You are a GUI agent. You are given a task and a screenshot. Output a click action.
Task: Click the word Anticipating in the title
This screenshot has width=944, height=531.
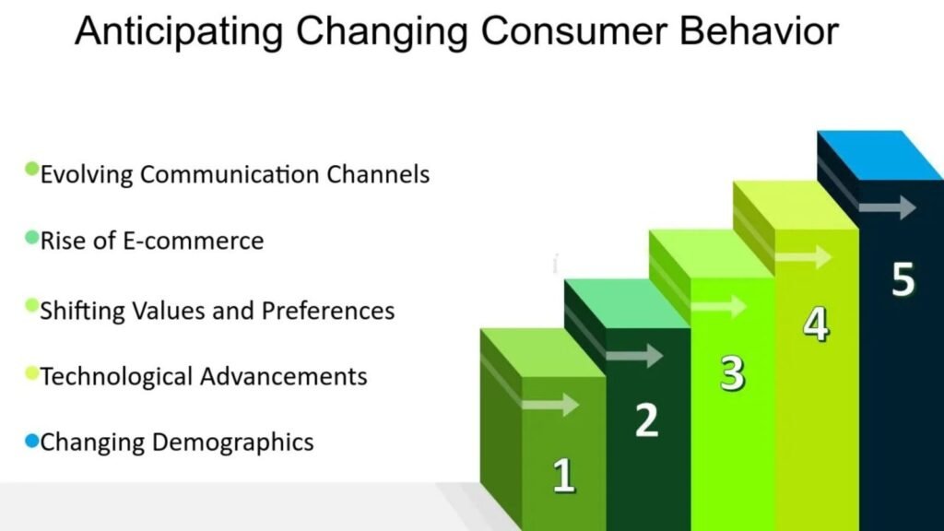click(179, 31)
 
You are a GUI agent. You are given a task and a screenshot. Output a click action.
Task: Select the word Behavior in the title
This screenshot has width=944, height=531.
click(760, 30)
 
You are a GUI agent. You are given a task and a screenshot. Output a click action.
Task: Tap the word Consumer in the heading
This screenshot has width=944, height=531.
click(573, 30)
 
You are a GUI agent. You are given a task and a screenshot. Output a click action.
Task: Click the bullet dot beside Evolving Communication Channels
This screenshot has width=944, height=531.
click(32, 169)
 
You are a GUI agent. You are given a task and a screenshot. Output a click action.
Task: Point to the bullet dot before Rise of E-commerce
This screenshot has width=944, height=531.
click(32, 237)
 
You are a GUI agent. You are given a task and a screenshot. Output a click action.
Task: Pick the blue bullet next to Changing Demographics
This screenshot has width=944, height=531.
click(32, 442)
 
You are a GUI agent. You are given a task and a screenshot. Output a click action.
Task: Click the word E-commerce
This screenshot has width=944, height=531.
click(194, 241)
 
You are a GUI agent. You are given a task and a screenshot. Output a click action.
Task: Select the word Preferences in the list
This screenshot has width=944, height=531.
click(328, 311)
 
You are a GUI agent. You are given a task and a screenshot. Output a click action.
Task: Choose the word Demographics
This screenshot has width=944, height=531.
click(233, 442)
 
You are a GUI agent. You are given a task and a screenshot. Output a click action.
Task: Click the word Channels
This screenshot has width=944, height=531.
click(378, 174)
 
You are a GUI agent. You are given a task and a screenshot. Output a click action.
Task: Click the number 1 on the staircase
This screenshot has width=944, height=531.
click(563, 476)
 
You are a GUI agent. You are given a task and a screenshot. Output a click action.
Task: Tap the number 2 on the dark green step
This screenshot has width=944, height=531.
click(647, 419)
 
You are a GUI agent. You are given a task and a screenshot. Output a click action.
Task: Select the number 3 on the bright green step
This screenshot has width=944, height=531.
click(732, 373)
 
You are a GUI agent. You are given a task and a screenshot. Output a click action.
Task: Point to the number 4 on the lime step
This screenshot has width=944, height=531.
click(817, 324)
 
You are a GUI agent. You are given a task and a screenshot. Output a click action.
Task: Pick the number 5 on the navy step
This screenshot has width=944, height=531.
click(903, 278)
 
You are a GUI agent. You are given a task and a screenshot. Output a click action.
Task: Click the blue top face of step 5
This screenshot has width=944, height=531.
click(880, 155)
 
